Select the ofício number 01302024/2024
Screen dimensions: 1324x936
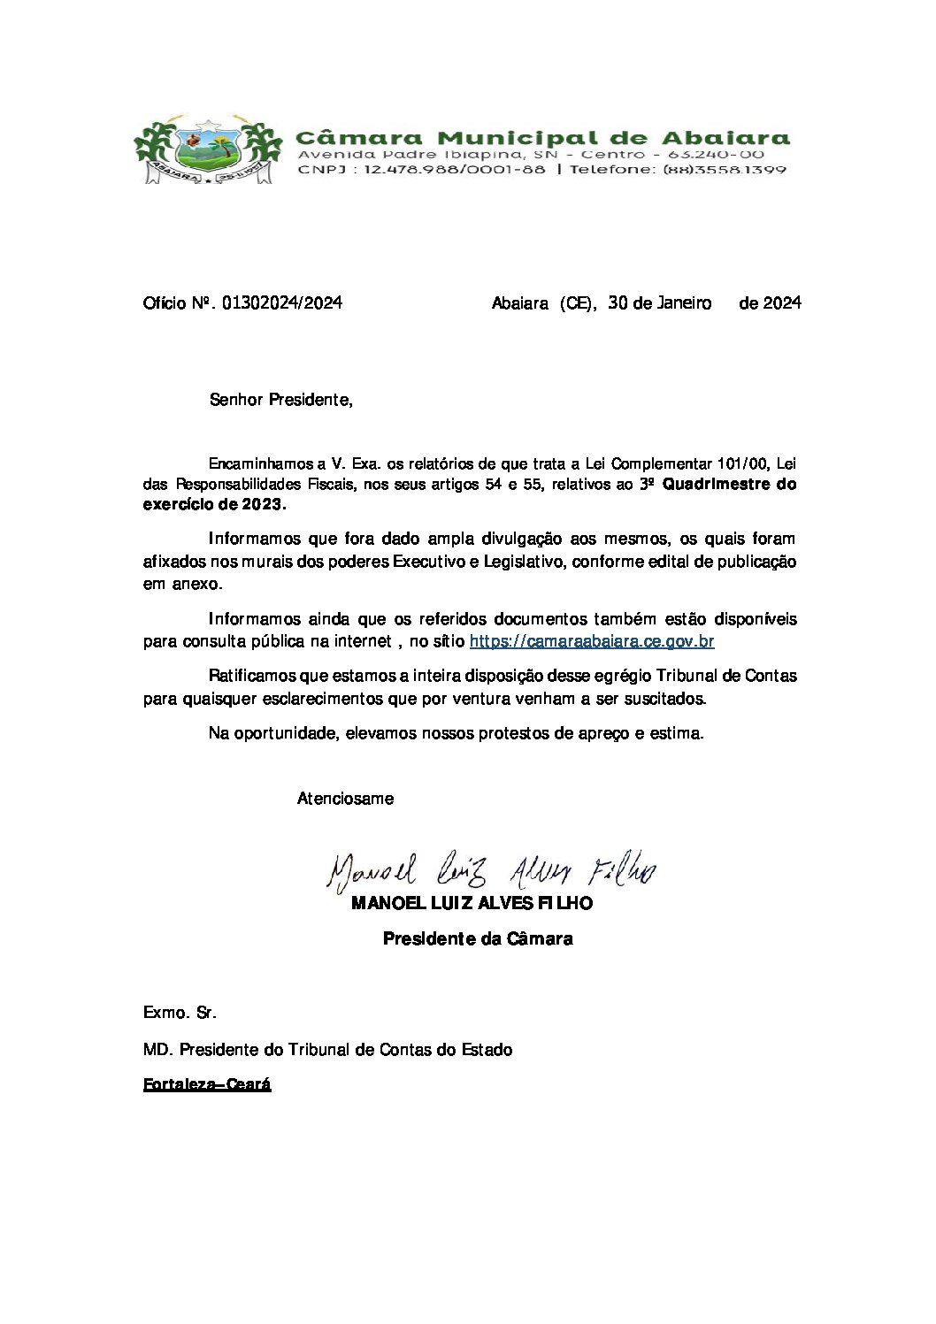click(x=281, y=303)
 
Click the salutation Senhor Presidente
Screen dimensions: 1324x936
click(x=280, y=400)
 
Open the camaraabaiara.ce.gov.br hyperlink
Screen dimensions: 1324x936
click(x=591, y=642)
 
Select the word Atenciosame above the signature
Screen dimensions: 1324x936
click(x=345, y=799)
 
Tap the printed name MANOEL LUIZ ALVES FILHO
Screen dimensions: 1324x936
click(x=472, y=904)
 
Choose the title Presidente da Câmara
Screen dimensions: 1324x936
click(x=478, y=939)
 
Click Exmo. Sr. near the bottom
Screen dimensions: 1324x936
click(x=180, y=1012)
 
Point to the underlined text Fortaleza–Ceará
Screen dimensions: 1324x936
click(x=207, y=1084)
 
